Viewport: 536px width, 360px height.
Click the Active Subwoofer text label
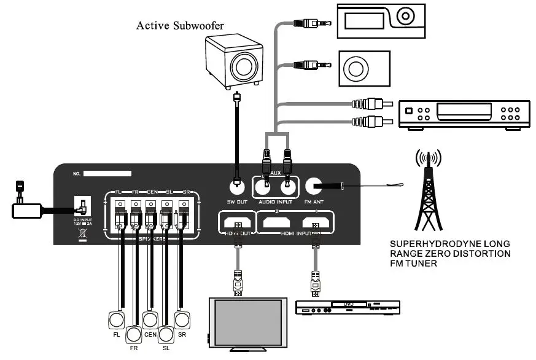click(x=180, y=26)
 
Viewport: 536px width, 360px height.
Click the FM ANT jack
click(x=315, y=185)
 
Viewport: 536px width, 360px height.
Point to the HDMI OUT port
click(x=236, y=222)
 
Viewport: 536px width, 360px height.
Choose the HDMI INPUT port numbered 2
click(x=278, y=222)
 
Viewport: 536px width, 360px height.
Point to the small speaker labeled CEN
click(x=150, y=320)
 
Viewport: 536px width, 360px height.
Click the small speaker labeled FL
click(x=117, y=320)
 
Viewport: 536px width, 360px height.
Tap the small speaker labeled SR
click(x=182, y=320)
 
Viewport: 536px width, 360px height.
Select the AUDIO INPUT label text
click(x=274, y=202)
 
